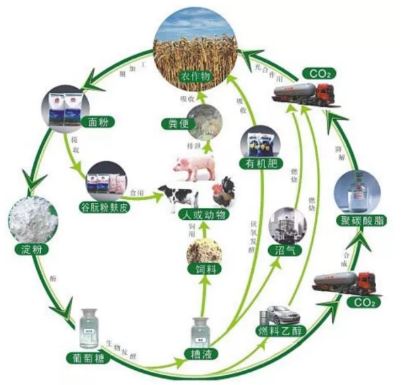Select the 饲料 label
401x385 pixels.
tap(202, 269)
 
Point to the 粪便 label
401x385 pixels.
tap(174, 122)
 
